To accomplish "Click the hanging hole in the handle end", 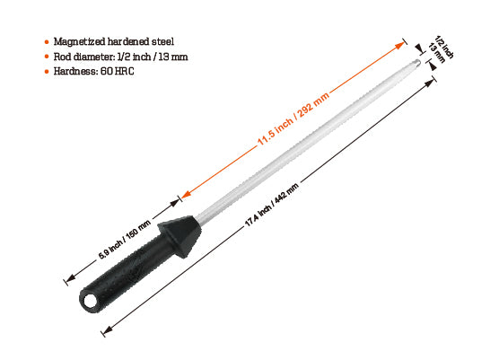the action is (91, 301).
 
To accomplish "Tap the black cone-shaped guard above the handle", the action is (179, 235).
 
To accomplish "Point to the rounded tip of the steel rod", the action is (417, 63).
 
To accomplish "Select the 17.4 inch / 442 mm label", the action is (271, 205).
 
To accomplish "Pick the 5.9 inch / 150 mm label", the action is (124, 240).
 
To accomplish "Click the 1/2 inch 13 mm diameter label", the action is (441, 49).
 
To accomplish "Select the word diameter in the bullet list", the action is (93, 57).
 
